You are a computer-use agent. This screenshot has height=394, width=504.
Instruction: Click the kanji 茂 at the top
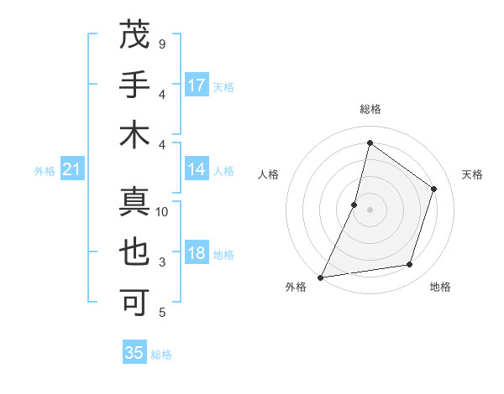click(135, 36)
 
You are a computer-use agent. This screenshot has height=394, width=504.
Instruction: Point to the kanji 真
click(135, 203)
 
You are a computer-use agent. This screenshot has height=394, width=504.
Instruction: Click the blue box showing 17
click(197, 86)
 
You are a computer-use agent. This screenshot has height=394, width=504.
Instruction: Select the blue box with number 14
click(197, 169)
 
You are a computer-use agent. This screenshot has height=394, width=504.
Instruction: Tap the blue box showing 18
click(197, 254)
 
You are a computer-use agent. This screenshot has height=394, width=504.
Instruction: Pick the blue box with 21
click(72, 170)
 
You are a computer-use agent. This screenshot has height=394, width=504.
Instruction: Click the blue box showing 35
click(134, 353)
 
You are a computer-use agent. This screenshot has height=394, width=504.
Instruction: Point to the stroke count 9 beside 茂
click(161, 44)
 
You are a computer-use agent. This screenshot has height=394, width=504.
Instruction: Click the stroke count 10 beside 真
click(162, 212)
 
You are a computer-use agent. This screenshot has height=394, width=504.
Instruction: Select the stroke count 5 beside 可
click(161, 313)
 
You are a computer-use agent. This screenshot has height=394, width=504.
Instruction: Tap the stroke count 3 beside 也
click(161, 262)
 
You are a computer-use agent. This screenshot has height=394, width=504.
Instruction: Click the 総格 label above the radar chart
click(370, 109)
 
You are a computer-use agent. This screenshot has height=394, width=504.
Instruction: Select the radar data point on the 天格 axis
click(434, 189)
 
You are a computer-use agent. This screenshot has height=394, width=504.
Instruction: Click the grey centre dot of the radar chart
click(370, 210)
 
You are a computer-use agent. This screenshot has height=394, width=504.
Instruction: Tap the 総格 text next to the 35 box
click(161, 355)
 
